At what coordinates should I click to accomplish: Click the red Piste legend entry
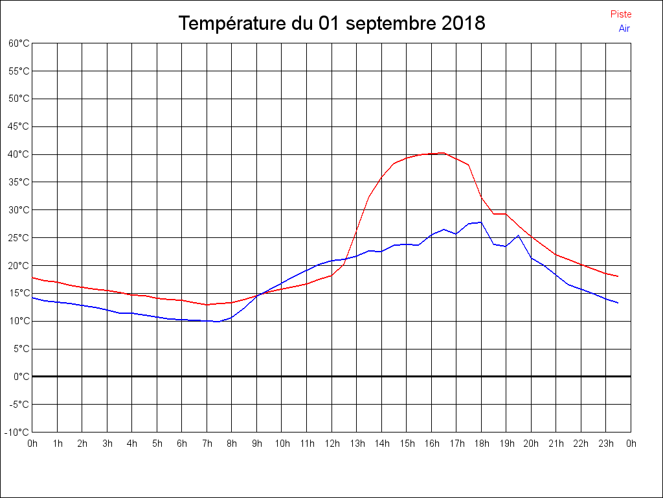coord(621,14)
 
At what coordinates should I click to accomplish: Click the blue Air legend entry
coord(624,29)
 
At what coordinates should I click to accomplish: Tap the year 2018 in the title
coord(464,24)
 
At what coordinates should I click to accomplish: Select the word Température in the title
coord(230,24)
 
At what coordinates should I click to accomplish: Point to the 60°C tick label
coord(19,43)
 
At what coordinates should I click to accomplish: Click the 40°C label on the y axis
coord(19,154)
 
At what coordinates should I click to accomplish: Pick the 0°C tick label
coord(21,377)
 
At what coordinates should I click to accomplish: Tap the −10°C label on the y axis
coord(17,432)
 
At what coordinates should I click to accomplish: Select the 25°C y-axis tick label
coord(19,238)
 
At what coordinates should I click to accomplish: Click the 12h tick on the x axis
coord(331,444)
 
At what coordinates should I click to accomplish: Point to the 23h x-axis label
coord(606,444)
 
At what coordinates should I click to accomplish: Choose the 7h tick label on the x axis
coord(207,444)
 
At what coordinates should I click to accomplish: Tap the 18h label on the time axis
coord(481,444)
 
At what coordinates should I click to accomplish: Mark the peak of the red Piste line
coord(444,153)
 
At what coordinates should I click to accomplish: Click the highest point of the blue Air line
coord(480,222)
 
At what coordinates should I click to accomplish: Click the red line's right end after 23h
coord(618,276)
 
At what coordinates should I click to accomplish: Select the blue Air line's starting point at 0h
coord(32,298)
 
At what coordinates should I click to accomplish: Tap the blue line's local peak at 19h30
coord(518,235)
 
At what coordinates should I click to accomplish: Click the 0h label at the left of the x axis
coord(32,444)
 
